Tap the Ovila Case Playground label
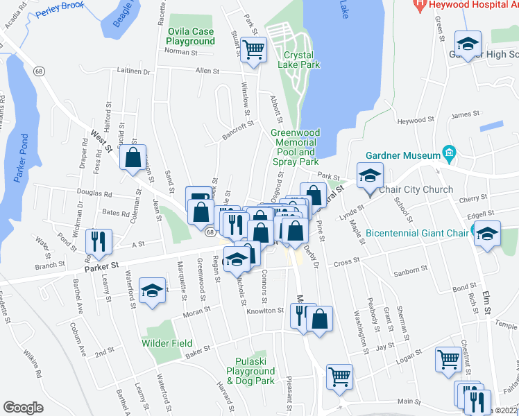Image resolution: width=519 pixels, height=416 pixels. pyautogui.click(x=191, y=36)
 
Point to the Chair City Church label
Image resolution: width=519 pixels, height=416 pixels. pyautogui.click(x=418, y=189)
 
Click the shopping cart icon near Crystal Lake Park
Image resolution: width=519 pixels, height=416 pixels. pyautogui.click(x=253, y=49)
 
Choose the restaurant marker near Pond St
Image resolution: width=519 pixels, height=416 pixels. pyautogui.click(x=98, y=241)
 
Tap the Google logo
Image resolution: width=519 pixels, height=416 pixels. pyautogui.click(x=23, y=408)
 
